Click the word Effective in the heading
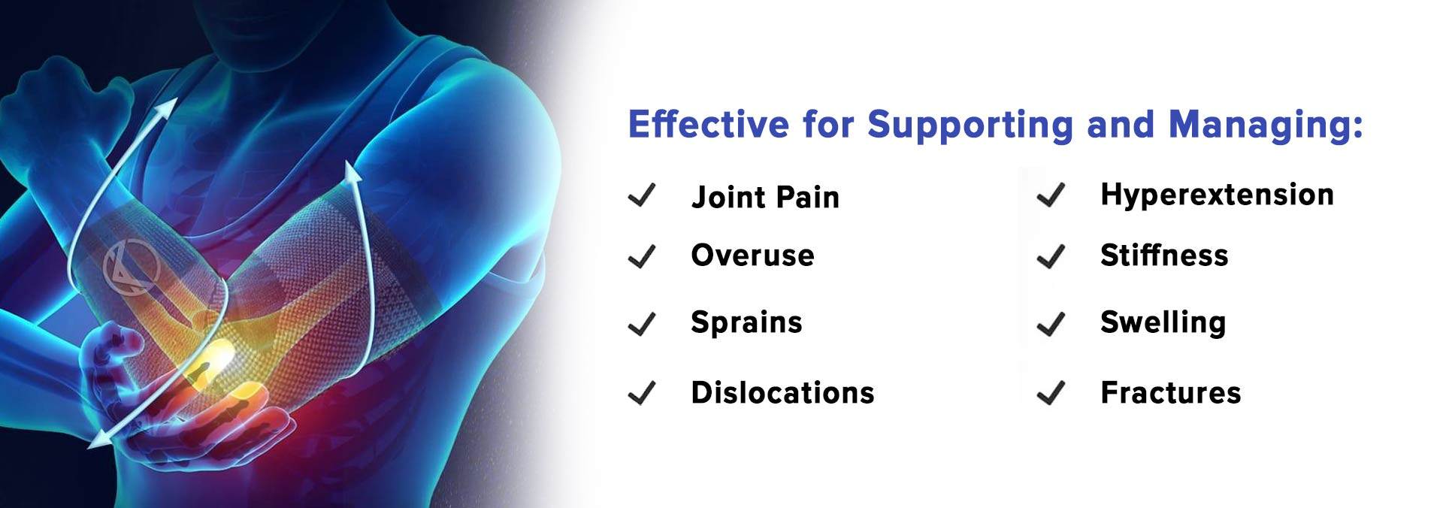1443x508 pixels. pos(709,124)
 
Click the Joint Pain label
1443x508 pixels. pos(765,197)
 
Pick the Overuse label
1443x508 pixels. pos(752,256)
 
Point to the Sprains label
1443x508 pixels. pos(746,323)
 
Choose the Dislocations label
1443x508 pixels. pos(782,392)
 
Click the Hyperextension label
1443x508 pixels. pos(1217,195)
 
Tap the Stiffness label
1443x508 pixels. pos(1164,256)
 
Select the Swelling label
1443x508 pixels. pos(1163,323)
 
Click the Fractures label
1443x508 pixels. pos(1170,392)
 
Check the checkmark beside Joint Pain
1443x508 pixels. pos(643,195)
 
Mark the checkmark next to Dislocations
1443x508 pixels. pos(643,392)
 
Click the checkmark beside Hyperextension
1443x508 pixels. pos(1051,195)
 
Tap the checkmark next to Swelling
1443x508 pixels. pos(1051,324)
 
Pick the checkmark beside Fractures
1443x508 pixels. pos(1051,392)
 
